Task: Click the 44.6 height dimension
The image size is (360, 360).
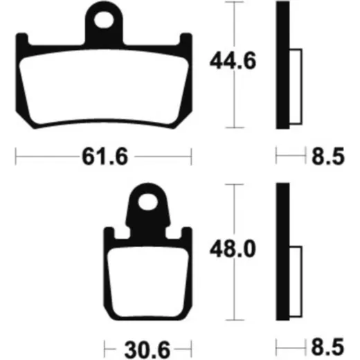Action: (x=233, y=61)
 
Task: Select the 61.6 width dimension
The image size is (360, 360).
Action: (x=105, y=156)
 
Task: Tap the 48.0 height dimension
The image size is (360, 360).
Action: (x=233, y=249)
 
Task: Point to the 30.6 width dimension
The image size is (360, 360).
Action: (x=147, y=350)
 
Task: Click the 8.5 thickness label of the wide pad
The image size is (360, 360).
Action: (x=328, y=156)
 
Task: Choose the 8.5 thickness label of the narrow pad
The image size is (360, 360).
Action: (x=328, y=348)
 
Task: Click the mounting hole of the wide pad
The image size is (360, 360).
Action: (x=104, y=20)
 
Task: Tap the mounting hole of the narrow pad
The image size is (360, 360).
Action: (x=148, y=202)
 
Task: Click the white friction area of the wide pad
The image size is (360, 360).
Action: (x=104, y=87)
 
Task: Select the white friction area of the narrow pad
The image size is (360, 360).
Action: (x=148, y=282)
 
